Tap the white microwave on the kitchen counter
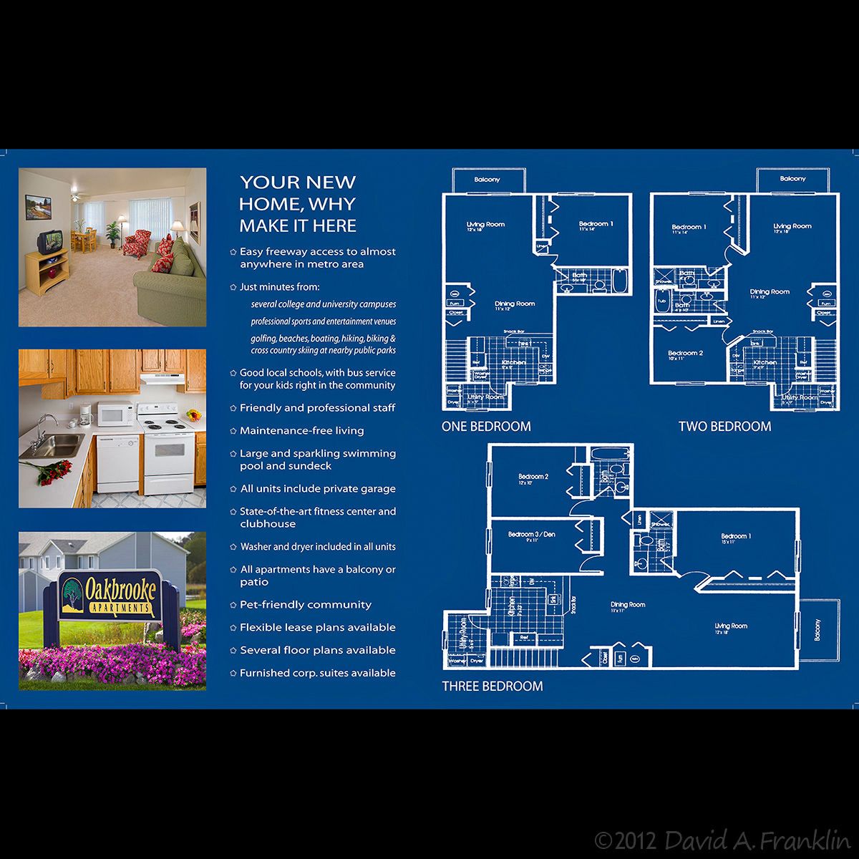pyautogui.click(x=115, y=414)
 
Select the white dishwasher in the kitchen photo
pyautogui.click(x=118, y=462)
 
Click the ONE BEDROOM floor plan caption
pyautogui.click(x=486, y=426)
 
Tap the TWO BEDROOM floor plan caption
pyautogui.click(x=724, y=426)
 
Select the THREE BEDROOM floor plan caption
pyautogui.click(x=492, y=686)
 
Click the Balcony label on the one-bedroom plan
pyautogui.click(x=487, y=180)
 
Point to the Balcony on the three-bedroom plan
pyautogui.click(x=820, y=629)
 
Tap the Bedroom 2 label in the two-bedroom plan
pyautogui.click(x=685, y=353)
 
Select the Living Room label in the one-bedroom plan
pyautogui.click(x=485, y=224)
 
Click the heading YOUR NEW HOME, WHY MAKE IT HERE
pyautogui.click(x=298, y=204)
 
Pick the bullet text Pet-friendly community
pyautogui.click(x=305, y=605)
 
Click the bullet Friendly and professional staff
pyautogui.click(x=317, y=408)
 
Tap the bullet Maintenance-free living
pyautogui.click(x=301, y=431)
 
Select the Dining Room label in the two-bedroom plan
pyautogui.click(x=770, y=292)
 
